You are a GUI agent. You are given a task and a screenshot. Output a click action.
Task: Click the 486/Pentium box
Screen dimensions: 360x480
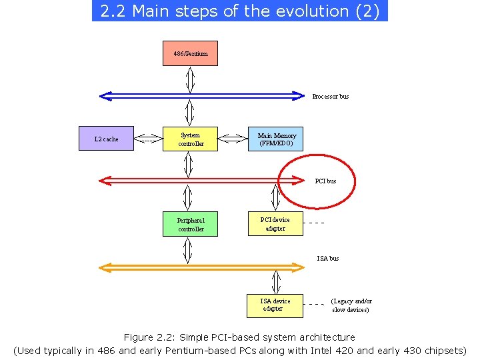tap(191, 53)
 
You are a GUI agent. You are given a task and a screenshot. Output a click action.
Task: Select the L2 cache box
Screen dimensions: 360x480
tap(107, 139)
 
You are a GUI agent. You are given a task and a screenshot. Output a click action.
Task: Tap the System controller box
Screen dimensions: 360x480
tap(191, 139)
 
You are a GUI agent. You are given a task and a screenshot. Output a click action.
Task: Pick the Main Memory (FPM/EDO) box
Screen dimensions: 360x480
tap(276, 139)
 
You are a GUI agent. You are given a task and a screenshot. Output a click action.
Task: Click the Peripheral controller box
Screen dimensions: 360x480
tap(191, 224)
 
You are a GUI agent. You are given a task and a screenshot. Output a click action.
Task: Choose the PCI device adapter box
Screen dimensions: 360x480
tap(275, 224)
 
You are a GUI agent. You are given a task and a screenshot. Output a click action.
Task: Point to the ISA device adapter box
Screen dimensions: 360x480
tap(275, 305)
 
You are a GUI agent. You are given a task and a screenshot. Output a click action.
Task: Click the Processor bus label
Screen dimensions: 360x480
tap(330, 97)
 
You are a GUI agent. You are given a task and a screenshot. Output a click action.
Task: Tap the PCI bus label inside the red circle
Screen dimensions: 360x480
tap(325, 181)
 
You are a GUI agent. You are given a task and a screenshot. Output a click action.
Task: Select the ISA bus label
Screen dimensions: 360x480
tap(327, 258)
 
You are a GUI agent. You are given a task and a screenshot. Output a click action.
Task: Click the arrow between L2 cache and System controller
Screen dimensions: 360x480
tap(149, 139)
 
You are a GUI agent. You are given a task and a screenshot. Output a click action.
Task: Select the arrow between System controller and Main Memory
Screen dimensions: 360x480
tap(233, 139)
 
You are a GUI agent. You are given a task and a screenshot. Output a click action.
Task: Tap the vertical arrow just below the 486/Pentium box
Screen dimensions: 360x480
tap(191, 80)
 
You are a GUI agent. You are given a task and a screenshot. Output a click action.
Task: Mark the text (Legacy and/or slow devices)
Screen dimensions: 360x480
tap(351, 305)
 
